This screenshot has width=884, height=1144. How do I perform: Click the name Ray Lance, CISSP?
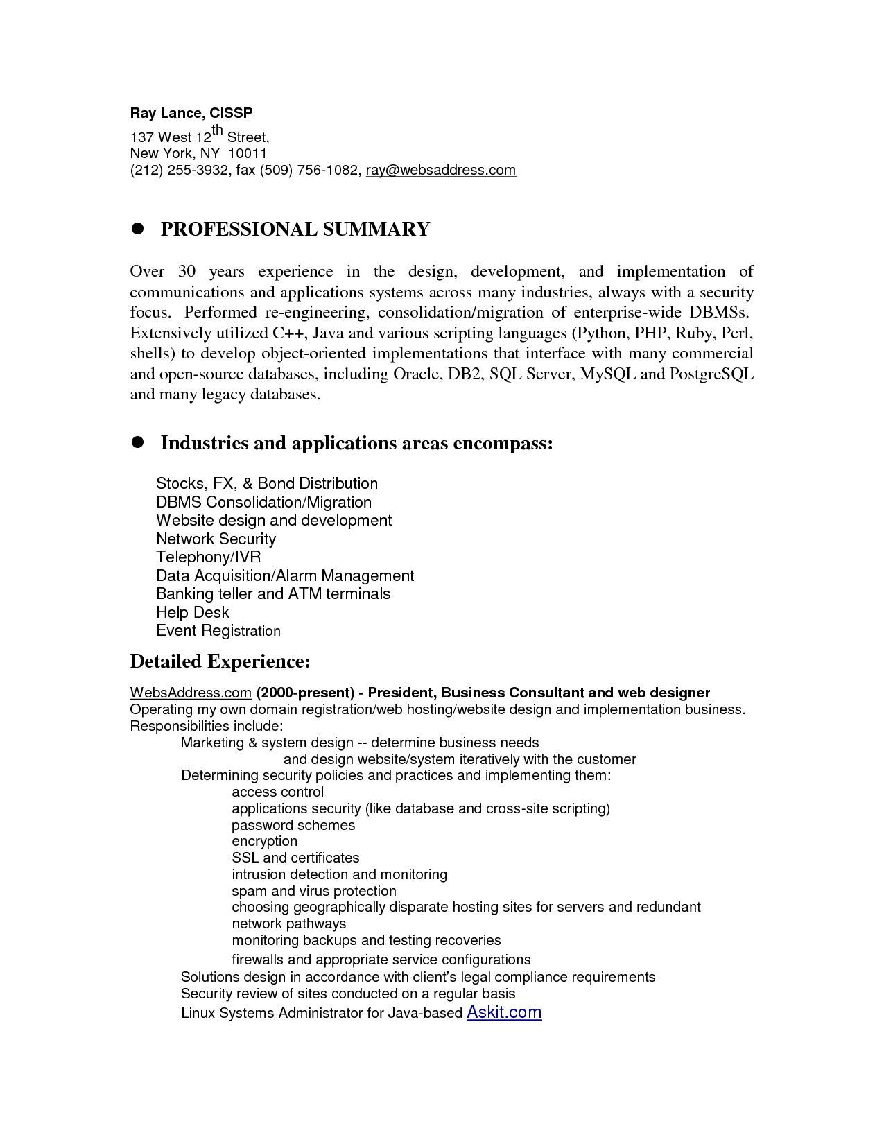click(x=191, y=112)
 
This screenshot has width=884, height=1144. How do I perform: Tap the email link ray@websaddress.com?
click(x=441, y=170)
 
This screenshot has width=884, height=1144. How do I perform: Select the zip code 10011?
click(x=248, y=153)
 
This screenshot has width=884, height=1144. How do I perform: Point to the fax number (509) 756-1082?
click(x=310, y=170)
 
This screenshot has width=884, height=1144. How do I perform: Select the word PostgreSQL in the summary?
click(x=711, y=374)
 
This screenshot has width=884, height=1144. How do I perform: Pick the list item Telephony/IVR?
click(x=208, y=557)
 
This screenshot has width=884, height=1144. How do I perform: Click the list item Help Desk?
click(x=192, y=612)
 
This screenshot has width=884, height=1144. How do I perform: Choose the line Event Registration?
click(x=218, y=631)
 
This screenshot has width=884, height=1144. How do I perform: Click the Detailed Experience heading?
click(x=220, y=661)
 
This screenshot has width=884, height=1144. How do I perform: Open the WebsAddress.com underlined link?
click(x=190, y=693)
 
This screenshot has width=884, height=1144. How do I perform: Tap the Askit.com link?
click(x=504, y=1012)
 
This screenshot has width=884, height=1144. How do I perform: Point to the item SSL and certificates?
click(x=295, y=858)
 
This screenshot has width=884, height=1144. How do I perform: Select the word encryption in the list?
click(x=264, y=841)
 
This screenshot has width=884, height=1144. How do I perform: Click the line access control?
click(x=277, y=792)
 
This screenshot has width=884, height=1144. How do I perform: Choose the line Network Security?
click(x=216, y=539)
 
